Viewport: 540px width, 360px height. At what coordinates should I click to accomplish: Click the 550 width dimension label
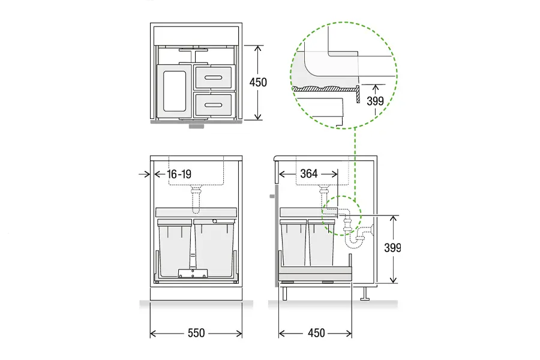[196, 333]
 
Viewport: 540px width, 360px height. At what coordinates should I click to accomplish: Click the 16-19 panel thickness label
[179, 175]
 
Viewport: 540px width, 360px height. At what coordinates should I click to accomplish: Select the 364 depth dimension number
[309, 173]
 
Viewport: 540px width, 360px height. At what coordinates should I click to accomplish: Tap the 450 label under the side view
[316, 333]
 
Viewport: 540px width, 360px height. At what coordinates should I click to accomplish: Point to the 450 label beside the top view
[258, 82]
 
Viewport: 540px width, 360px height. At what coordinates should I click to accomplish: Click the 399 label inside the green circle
[376, 101]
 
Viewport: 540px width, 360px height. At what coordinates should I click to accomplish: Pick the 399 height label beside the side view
[392, 248]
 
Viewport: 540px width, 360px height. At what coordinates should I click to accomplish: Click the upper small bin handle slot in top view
[213, 77]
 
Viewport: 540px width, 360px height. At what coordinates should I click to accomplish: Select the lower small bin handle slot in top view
[213, 105]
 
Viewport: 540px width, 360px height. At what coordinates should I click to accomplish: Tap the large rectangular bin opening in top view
[174, 91]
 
